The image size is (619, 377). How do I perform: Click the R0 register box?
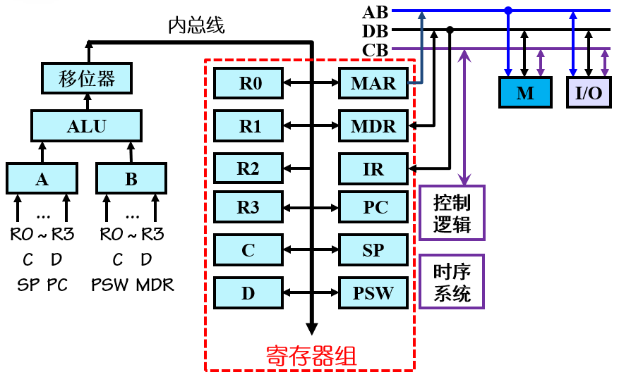pyautogui.click(x=248, y=84)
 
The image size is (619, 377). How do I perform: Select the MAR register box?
pyautogui.click(x=373, y=84)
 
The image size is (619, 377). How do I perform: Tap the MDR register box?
pyautogui.click(x=373, y=127)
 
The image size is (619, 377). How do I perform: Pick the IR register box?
pyautogui.click(x=373, y=169)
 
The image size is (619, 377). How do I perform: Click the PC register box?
pyautogui.click(x=373, y=208)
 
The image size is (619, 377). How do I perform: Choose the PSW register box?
pyautogui.click(x=373, y=292)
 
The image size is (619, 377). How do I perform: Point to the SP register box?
pyautogui.click(x=373, y=250)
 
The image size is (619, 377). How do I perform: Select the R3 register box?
pyautogui.click(x=248, y=208)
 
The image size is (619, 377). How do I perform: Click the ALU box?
pyautogui.click(x=86, y=127)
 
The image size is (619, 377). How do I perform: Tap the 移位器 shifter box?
pyautogui.click(x=86, y=78)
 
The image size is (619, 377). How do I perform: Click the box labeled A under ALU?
pyautogui.click(x=42, y=179)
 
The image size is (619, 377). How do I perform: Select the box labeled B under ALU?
pyautogui.click(x=131, y=179)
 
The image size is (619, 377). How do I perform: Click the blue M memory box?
pyautogui.click(x=524, y=93)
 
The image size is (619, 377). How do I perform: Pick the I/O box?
pyautogui.click(x=589, y=93)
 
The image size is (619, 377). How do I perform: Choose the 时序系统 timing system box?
pyautogui.click(x=452, y=282)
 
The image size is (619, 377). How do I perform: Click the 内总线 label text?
pyautogui.click(x=196, y=26)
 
